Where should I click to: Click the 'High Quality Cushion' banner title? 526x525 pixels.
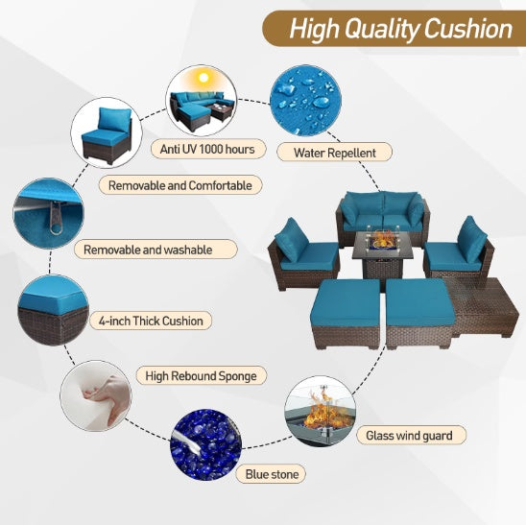pos(401,28)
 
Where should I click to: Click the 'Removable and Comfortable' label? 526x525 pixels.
pos(179,184)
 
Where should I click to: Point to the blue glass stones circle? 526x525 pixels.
pos(205,444)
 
